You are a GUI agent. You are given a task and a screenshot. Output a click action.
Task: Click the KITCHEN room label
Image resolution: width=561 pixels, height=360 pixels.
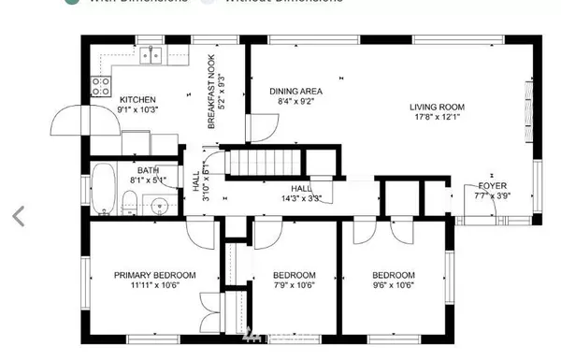(x=137, y=99)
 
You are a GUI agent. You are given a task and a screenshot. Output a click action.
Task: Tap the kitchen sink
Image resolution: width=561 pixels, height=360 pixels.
(x=151, y=56)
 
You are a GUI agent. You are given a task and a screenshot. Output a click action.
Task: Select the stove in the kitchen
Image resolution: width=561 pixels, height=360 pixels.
(x=100, y=87)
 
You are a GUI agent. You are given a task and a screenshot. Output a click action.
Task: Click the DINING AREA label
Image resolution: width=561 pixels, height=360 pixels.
(x=295, y=91)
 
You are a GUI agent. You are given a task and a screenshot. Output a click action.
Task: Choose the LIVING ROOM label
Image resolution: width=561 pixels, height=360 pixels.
(x=437, y=107)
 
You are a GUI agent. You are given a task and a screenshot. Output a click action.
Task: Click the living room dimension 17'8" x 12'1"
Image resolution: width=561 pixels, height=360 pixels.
(x=437, y=118)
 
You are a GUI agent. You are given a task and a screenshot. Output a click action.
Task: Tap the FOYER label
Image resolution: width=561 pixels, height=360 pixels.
(x=492, y=186)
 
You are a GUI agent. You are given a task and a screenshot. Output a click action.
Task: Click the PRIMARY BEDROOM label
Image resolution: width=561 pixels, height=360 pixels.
(x=155, y=275)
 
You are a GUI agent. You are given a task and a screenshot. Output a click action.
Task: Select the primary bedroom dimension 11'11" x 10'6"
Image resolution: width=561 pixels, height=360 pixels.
(x=155, y=286)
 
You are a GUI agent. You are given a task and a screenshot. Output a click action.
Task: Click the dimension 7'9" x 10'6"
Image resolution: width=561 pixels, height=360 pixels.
(x=295, y=286)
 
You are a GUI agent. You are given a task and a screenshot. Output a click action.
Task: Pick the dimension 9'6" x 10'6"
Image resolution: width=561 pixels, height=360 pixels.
(x=393, y=286)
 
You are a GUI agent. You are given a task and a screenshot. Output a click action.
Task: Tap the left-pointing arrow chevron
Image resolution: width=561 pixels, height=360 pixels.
(x=17, y=216)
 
